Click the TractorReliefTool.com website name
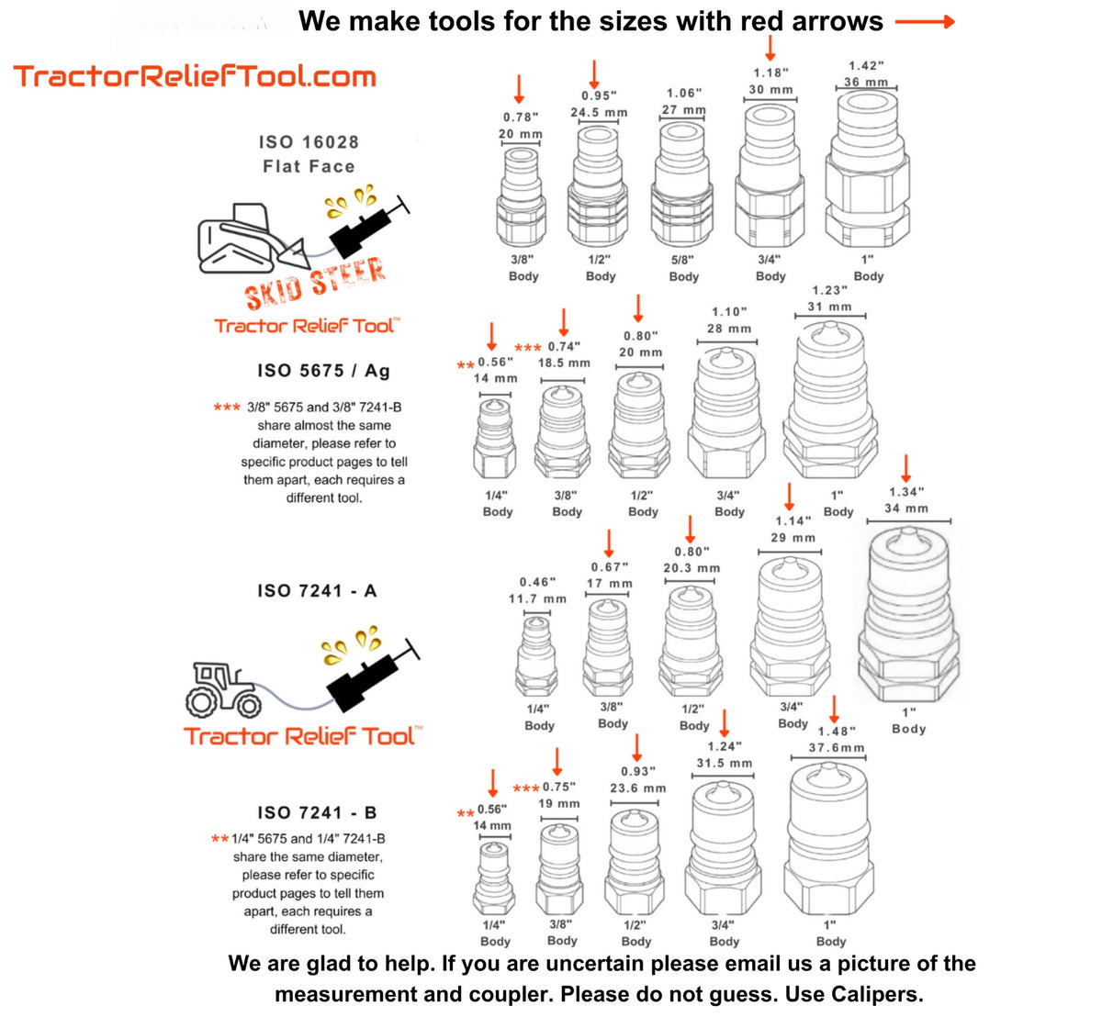point(195,75)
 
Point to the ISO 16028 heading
point(309,142)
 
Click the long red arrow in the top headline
point(925,22)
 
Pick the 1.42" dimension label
point(866,66)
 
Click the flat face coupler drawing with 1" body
point(867,188)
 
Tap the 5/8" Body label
point(683,268)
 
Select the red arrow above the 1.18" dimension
point(770,47)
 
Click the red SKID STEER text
point(315,283)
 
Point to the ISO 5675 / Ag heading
point(323,371)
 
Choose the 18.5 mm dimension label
point(564,363)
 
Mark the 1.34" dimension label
point(906,492)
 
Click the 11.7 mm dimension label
point(537,598)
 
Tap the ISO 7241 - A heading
point(317,591)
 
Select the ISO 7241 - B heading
point(317,812)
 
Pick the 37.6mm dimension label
point(837,748)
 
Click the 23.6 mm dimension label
point(637,788)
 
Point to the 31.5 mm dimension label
point(724,763)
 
